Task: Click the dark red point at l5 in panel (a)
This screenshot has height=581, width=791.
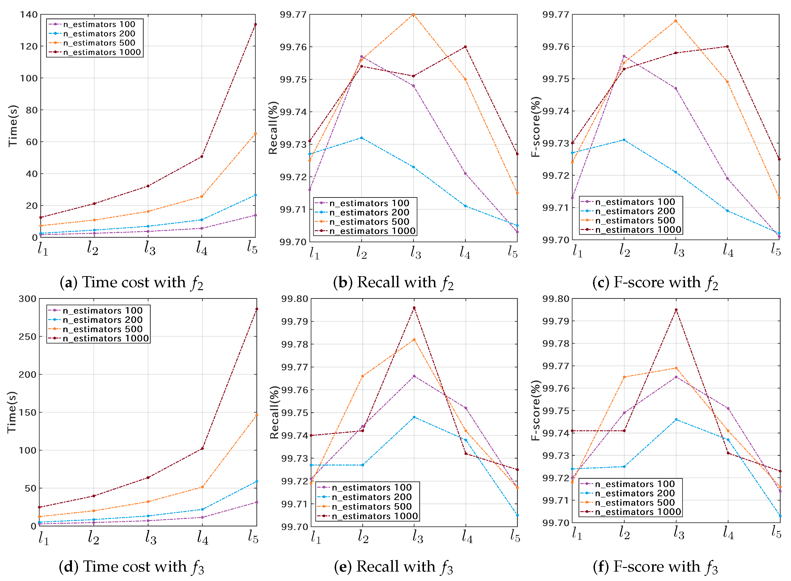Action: (255, 24)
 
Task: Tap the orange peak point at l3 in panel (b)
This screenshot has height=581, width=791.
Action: (413, 14)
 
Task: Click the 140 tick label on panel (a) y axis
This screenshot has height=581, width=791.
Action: (29, 14)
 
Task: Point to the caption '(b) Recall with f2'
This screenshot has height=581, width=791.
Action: (393, 283)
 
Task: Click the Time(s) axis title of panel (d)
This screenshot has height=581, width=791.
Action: (12, 412)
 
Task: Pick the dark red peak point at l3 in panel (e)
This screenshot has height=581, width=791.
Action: (414, 308)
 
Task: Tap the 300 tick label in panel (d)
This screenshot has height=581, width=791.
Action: (28, 299)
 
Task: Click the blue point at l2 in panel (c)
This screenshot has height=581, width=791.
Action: (624, 140)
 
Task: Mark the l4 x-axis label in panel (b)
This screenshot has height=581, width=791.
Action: (465, 252)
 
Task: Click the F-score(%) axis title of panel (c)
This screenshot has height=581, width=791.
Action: (535, 127)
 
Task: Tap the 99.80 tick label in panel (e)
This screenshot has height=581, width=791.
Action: (295, 299)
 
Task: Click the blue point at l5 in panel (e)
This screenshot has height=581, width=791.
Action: (517, 515)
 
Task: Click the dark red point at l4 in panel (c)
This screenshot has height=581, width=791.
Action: (727, 46)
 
